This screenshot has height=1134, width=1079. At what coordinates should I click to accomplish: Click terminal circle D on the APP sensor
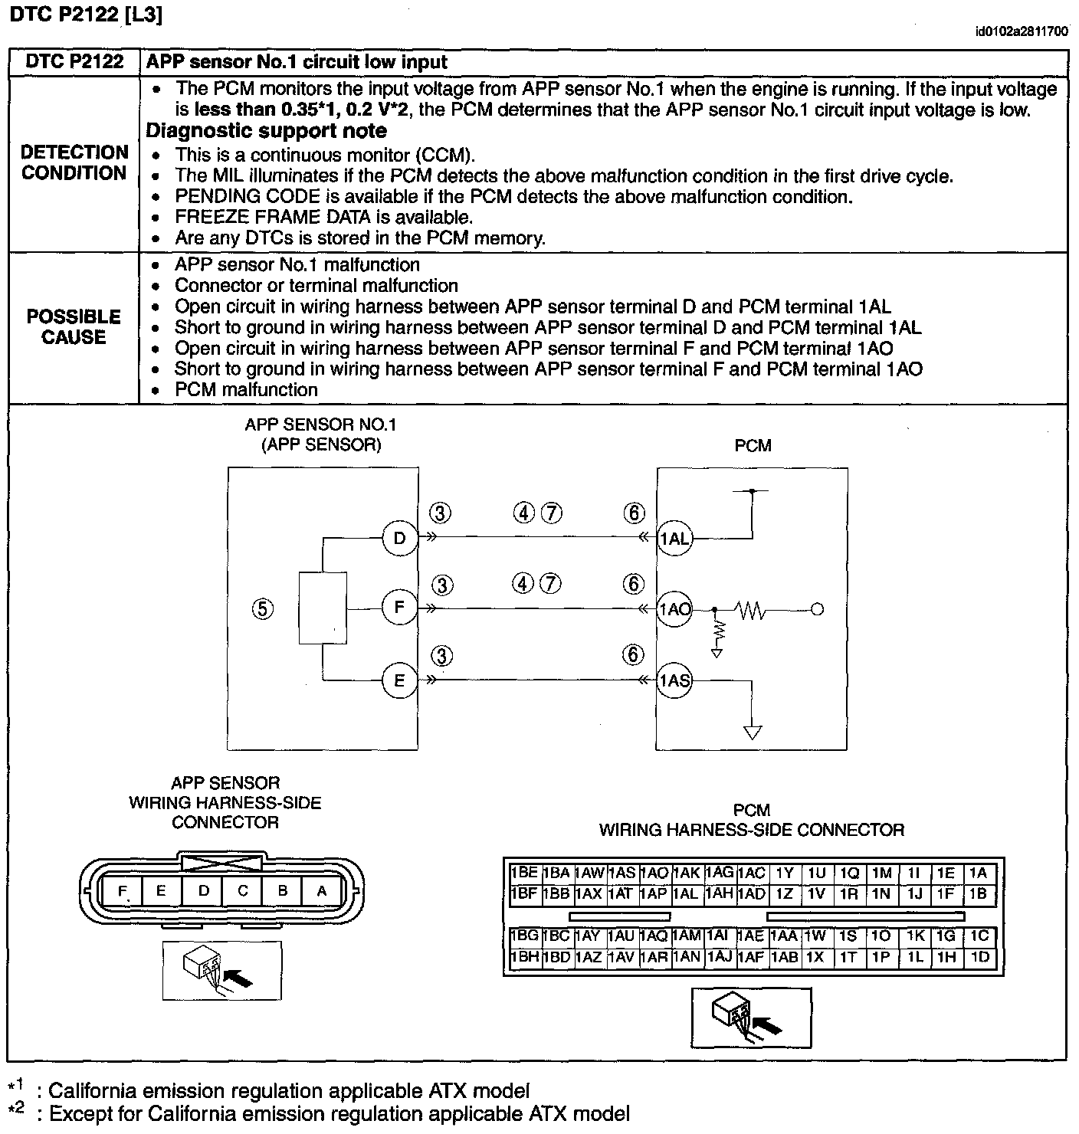pos(399,538)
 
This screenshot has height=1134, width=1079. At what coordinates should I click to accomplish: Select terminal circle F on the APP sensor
pos(399,608)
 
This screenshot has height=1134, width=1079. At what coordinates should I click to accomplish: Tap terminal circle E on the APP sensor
pos(399,680)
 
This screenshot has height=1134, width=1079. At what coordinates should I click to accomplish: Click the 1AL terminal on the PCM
pos(674,539)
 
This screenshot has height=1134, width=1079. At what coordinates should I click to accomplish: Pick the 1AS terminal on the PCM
pos(674,680)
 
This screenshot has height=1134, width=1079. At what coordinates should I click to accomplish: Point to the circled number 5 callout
pos(262,609)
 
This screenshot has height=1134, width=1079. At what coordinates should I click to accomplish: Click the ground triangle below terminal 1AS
pos(753,732)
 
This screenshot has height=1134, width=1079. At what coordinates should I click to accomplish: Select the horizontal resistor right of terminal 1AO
pos(750,610)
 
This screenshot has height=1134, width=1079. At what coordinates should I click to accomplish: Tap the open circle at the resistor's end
pos(818,610)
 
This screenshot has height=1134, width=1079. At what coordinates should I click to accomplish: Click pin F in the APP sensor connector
pos(122,891)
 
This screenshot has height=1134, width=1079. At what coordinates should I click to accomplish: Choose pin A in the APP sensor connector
pos(322,891)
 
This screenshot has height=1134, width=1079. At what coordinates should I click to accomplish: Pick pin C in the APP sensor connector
pos(243,891)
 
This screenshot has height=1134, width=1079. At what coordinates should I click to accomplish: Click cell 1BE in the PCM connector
pos(524,873)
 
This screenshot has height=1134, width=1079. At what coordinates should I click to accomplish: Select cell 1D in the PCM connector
pos(979,957)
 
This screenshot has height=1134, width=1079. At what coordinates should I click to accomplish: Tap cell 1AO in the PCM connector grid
pos(654,873)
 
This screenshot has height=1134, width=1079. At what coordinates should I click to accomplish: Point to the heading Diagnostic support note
pos(266,131)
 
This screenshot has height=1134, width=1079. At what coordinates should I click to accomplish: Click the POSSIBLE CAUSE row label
pos(74,327)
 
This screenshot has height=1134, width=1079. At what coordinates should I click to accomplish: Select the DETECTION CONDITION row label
pos(74,162)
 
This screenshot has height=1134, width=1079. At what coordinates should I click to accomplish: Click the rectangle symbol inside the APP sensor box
pos(323,608)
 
